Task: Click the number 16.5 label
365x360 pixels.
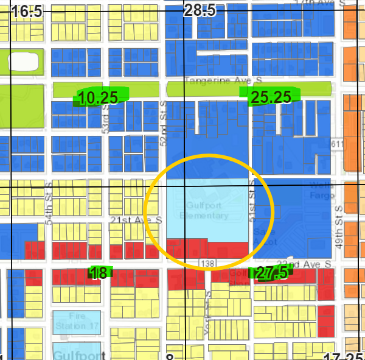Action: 27,11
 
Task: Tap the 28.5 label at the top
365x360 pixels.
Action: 200,11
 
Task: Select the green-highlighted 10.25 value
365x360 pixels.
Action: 98,97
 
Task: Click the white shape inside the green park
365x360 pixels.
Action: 22,61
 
